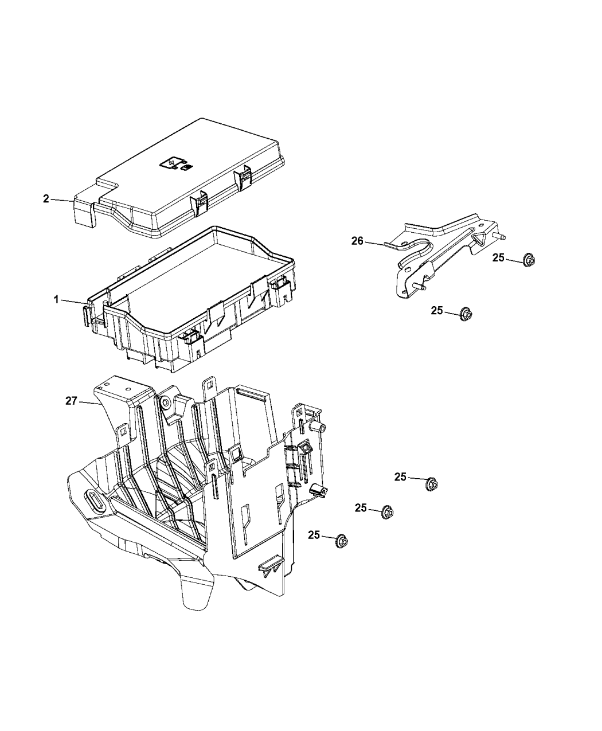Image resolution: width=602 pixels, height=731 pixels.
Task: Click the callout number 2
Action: point(46,199)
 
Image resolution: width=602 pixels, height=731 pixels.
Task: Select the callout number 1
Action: point(56,299)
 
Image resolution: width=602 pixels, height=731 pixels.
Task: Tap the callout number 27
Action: point(71,401)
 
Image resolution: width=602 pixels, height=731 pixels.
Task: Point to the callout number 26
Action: point(358,241)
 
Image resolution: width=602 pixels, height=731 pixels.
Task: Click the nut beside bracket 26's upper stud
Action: point(529,260)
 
